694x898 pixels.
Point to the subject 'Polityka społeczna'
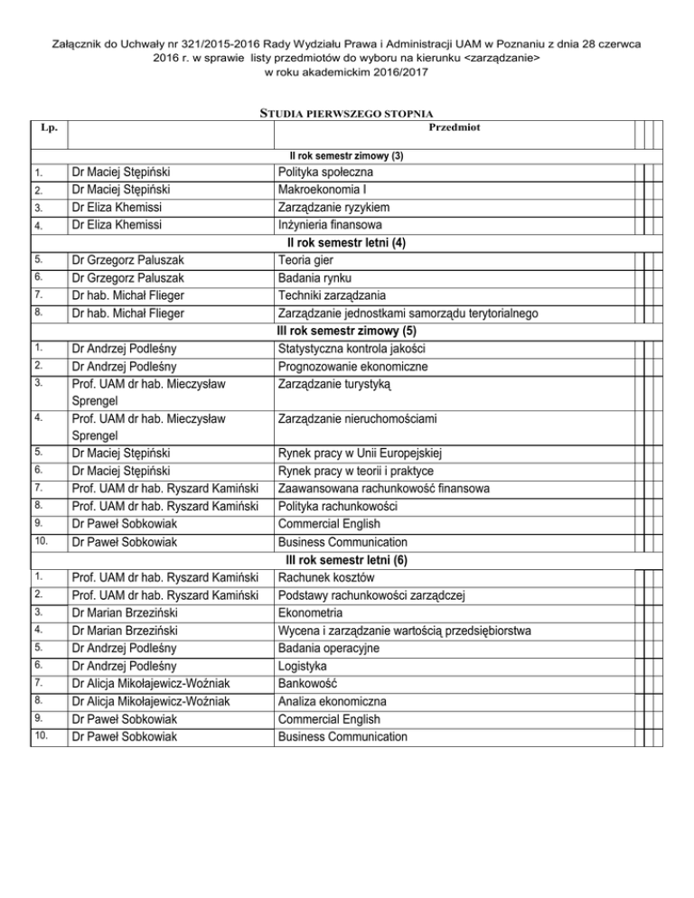(x=326, y=173)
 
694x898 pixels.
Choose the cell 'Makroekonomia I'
(x=323, y=190)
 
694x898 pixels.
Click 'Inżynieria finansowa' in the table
(x=328, y=224)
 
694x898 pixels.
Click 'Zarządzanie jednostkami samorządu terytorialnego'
(x=408, y=313)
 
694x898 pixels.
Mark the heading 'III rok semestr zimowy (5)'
(x=346, y=331)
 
